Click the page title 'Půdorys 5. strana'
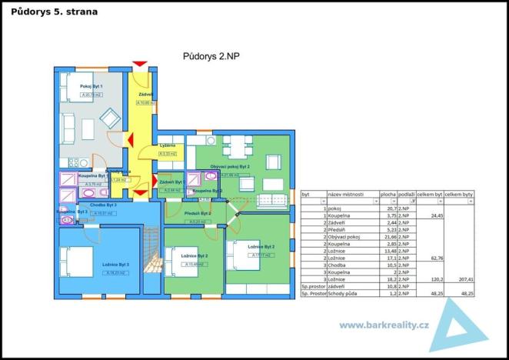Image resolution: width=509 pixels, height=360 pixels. (x=55, y=12)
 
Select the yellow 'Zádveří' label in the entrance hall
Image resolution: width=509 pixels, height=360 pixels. (x=146, y=94)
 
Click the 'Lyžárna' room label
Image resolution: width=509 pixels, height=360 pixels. (x=168, y=145)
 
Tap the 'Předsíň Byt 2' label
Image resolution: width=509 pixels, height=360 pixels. (x=198, y=213)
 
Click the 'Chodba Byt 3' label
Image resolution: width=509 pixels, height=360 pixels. (x=102, y=206)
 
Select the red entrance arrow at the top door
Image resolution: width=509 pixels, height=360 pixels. (x=139, y=62)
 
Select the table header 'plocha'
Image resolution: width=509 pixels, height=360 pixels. (x=388, y=196)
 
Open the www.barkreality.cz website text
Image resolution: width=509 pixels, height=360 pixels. (x=383, y=324)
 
